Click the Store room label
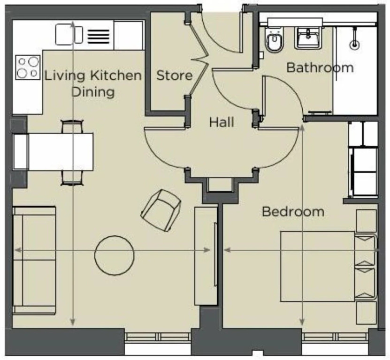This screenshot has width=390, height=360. [175, 75]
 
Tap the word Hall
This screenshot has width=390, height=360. [222, 122]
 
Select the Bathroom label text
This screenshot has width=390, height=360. [320, 67]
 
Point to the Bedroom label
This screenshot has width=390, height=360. [293, 212]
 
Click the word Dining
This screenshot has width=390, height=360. [93, 92]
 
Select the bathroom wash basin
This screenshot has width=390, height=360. [308, 38]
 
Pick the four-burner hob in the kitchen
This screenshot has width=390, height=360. [28, 67]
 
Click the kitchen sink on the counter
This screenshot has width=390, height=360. [69, 35]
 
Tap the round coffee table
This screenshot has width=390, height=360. [115, 255]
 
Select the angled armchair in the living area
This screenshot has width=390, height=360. [161, 210]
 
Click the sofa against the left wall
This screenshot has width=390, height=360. [34, 260]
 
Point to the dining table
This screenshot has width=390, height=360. [61, 152]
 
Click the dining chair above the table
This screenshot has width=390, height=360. [72, 127]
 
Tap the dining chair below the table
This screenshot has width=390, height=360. [72, 178]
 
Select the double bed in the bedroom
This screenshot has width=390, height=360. [328, 266]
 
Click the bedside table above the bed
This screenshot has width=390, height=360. [366, 221]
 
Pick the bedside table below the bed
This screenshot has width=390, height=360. [366, 313]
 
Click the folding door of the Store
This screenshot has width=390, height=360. [199, 60]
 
